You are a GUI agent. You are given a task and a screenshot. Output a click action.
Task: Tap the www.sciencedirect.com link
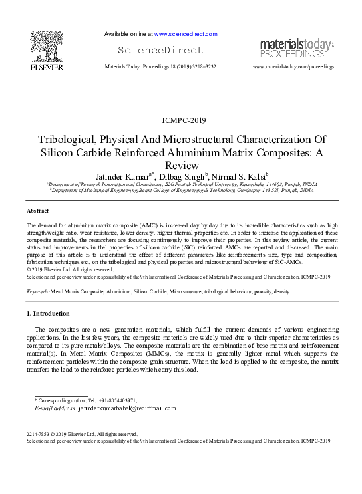(186, 33)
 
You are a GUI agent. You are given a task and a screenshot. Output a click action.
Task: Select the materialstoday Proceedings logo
(296, 48)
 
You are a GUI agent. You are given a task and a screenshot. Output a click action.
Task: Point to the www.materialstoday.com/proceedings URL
(293, 68)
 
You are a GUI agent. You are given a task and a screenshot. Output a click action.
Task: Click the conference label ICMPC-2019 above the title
(180, 120)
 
